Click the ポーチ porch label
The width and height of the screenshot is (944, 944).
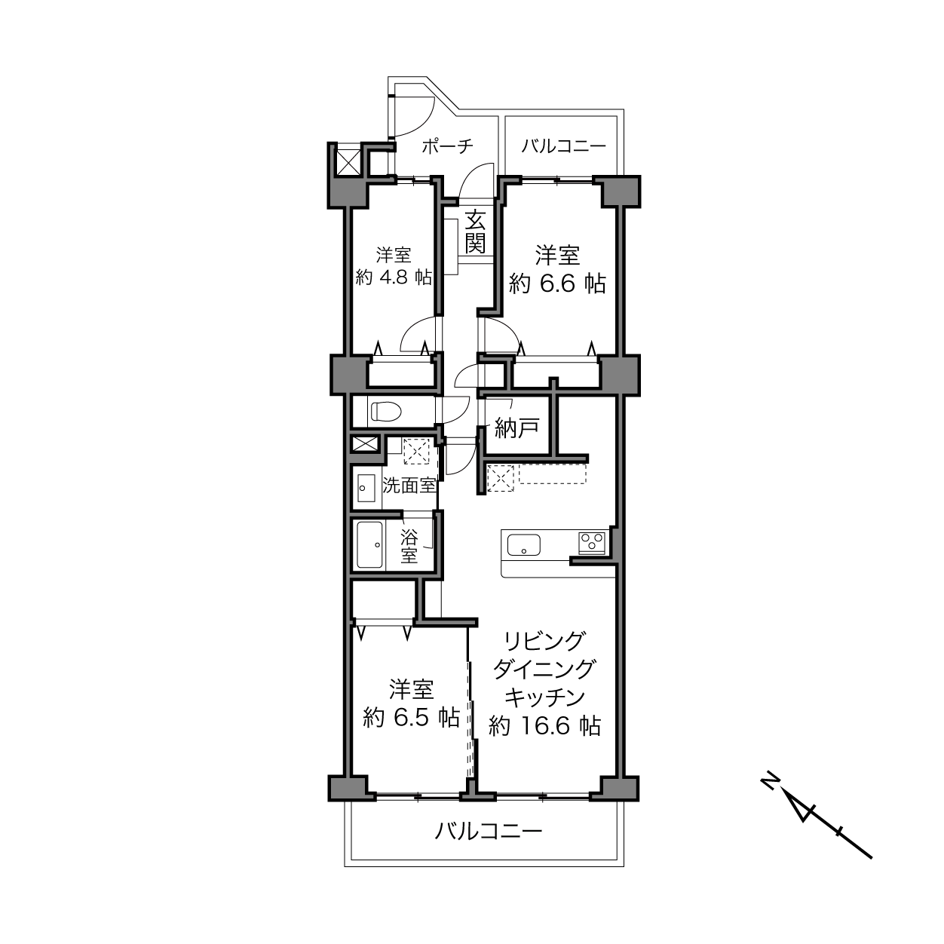(447, 146)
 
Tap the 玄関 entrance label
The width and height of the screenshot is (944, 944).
(475, 231)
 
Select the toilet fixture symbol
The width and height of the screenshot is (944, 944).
(387, 411)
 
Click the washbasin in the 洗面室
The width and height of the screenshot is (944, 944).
(366, 487)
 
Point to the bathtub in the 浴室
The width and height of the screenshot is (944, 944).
(370, 544)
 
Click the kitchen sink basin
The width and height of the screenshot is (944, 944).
(524, 544)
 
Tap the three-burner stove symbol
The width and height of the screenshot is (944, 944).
(592, 543)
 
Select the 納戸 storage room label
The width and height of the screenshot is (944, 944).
(516, 428)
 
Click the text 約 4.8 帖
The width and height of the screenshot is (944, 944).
(394, 277)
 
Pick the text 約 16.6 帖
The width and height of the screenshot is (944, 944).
(544, 726)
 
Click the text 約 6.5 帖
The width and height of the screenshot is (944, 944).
(411, 718)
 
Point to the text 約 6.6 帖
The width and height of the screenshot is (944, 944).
(557, 284)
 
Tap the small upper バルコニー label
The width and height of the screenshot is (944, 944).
(563, 146)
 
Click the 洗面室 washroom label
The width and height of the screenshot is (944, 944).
(409, 486)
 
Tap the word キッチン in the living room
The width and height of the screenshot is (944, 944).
(544, 697)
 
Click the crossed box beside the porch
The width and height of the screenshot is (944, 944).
(347, 160)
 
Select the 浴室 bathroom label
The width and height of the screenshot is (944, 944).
(409, 546)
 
